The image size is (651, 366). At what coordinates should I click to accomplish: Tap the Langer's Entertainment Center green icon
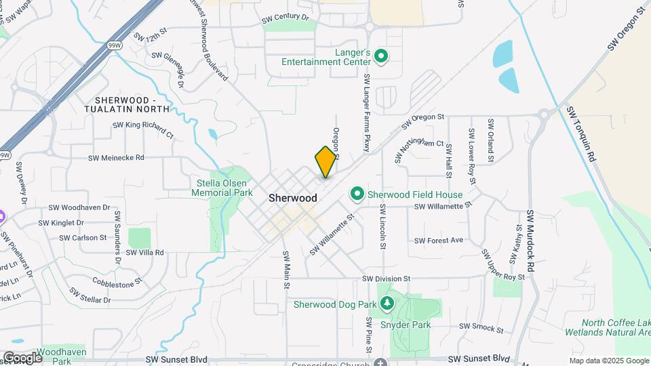[381, 56]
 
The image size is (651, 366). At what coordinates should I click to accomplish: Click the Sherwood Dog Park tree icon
[387, 303]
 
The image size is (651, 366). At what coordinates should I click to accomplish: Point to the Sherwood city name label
[292, 198]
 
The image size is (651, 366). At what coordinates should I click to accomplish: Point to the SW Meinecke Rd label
[116, 158]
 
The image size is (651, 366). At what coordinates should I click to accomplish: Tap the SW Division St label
[387, 279]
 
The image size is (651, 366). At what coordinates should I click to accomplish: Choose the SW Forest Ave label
[438, 241]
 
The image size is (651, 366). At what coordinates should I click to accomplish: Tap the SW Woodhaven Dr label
[79, 207]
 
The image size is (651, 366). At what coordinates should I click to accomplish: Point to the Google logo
[22, 357]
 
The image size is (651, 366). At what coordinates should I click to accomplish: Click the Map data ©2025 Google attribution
[609, 361]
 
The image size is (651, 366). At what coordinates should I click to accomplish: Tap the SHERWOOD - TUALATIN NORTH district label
[127, 104]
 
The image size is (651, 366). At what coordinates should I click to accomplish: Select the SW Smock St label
[481, 328]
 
